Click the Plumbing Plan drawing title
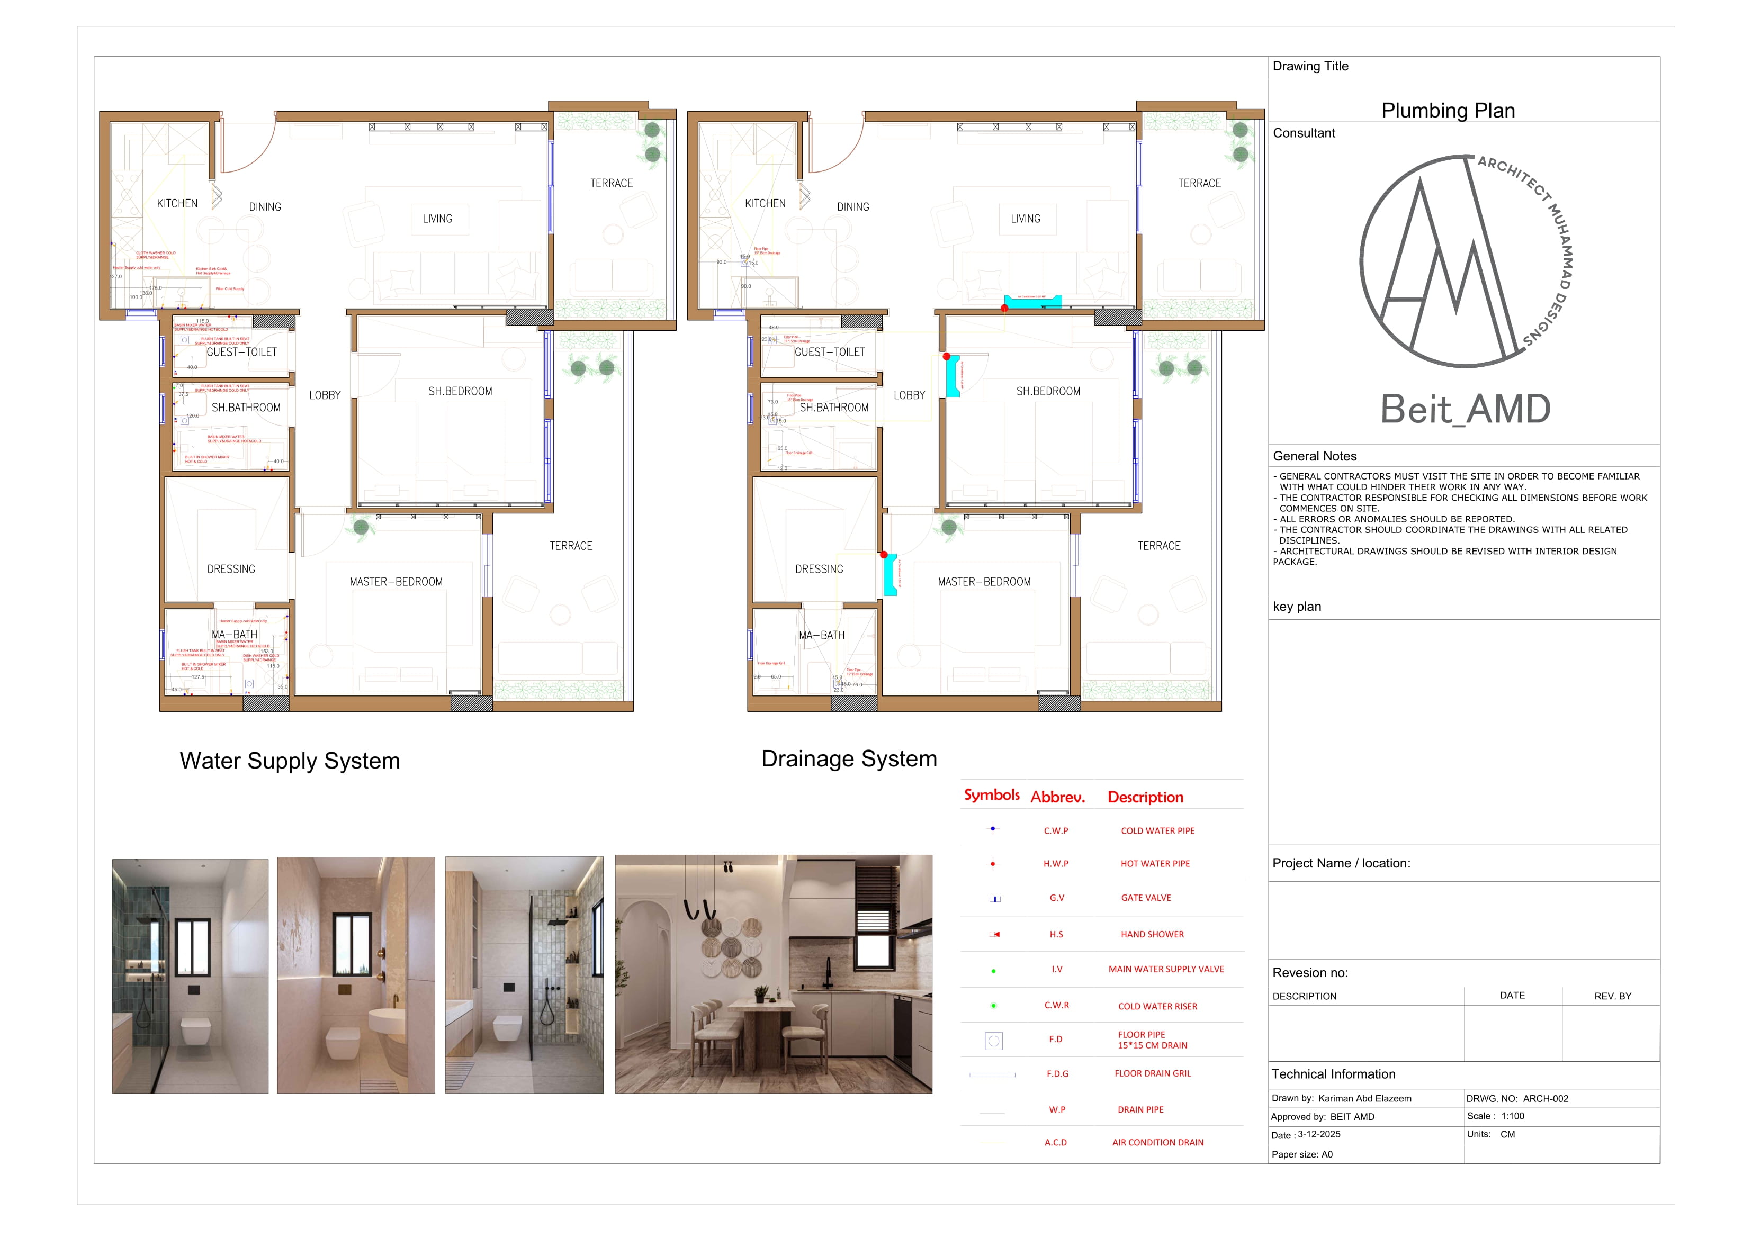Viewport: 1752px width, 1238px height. pyautogui.click(x=1448, y=111)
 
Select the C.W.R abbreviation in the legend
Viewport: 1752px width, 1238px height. pyautogui.click(x=1056, y=1005)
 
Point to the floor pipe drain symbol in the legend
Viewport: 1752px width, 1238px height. pyautogui.click(x=993, y=1041)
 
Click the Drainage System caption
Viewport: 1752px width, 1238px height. pyautogui.click(x=849, y=758)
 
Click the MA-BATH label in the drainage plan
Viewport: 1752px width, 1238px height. pyautogui.click(x=821, y=635)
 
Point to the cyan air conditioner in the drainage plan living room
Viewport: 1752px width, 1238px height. pyautogui.click(x=1032, y=301)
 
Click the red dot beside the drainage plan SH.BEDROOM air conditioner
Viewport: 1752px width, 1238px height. pyautogui.click(x=946, y=356)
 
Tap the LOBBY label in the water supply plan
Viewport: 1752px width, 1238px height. pyautogui.click(x=325, y=395)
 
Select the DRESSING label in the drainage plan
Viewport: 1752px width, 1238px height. pyautogui.click(x=819, y=569)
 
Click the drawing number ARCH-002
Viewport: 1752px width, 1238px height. pyautogui.click(x=1545, y=1098)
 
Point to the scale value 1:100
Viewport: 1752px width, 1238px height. pyautogui.click(x=1512, y=1116)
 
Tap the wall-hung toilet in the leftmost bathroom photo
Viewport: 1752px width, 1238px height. pyautogui.click(x=195, y=1031)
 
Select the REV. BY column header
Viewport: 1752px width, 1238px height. pyautogui.click(x=1612, y=996)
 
